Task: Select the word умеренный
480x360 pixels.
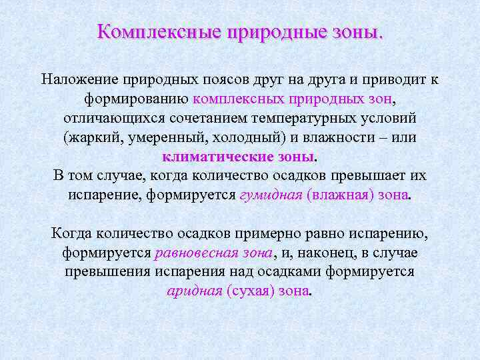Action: click(x=163, y=137)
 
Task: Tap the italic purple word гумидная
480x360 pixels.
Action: click(x=267, y=195)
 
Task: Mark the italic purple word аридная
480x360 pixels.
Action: click(x=193, y=291)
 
